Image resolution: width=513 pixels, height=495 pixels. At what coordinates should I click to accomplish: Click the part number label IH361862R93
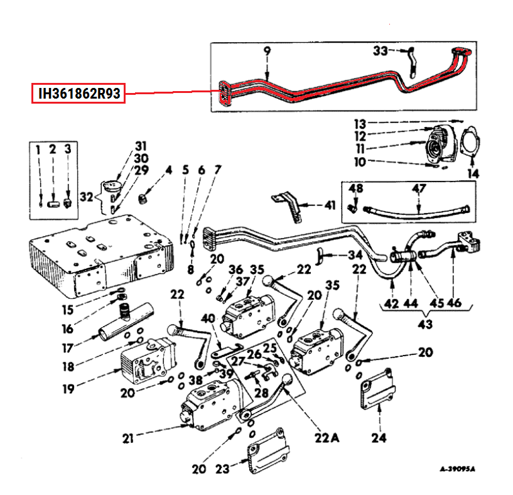79,94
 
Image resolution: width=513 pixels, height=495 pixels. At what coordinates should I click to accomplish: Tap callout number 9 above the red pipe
266,51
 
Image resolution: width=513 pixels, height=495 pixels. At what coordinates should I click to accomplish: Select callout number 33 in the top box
381,50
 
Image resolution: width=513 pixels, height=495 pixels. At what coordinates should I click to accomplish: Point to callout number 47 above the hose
418,188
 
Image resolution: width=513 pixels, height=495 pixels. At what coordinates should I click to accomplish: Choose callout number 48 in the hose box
356,188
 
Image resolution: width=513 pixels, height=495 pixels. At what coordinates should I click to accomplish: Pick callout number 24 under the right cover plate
379,438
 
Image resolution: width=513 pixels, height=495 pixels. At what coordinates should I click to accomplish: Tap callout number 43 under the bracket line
425,324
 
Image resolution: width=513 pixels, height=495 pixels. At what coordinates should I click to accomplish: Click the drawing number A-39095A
457,468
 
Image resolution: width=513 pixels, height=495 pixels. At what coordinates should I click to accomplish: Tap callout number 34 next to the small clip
356,255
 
